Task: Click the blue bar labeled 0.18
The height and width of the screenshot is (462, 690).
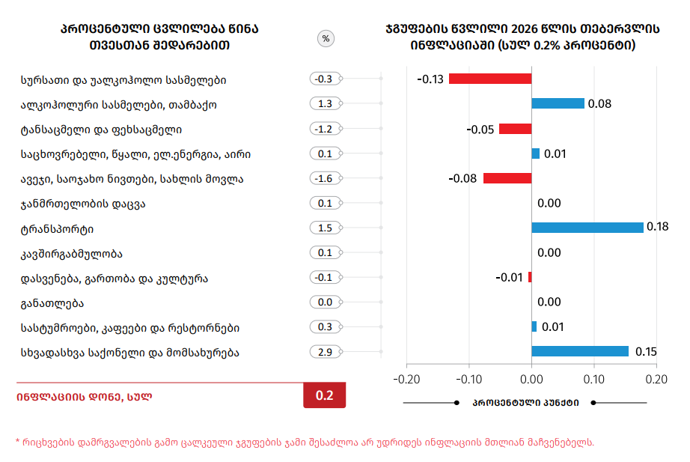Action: click(x=587, y=228)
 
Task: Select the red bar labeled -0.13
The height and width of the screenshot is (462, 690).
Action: click(x=490, y=79)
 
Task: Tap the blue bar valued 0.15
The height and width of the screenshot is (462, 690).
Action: click(x=579, y=351)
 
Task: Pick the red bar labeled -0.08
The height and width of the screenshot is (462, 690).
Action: click(x=507, y=178)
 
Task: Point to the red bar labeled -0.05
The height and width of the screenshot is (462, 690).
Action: click(x=515, y=129)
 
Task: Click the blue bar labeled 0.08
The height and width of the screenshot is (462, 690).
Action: click(x=558, y=103)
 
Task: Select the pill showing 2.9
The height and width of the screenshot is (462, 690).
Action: click(x=325, y=352)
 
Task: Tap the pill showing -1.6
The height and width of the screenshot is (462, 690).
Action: click(x=325, y=178)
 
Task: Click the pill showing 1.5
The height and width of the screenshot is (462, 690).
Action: click(x=325, y=228)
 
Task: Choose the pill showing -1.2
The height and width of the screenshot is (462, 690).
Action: click(x=325, y=129)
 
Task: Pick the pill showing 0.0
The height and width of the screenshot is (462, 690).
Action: click(x=325, y=303)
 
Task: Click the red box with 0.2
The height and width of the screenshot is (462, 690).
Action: click(x=324, y=396)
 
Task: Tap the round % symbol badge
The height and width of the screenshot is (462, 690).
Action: click(x=326, y=38)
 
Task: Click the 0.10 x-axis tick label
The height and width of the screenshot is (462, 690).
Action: click(x=594, y=379)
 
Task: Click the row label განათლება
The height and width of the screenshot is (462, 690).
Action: click(x=52, y=303)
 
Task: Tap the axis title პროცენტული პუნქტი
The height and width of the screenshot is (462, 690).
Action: click(x=525, y=403)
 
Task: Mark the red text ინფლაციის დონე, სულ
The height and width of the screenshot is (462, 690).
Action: click(x=84, y=397)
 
